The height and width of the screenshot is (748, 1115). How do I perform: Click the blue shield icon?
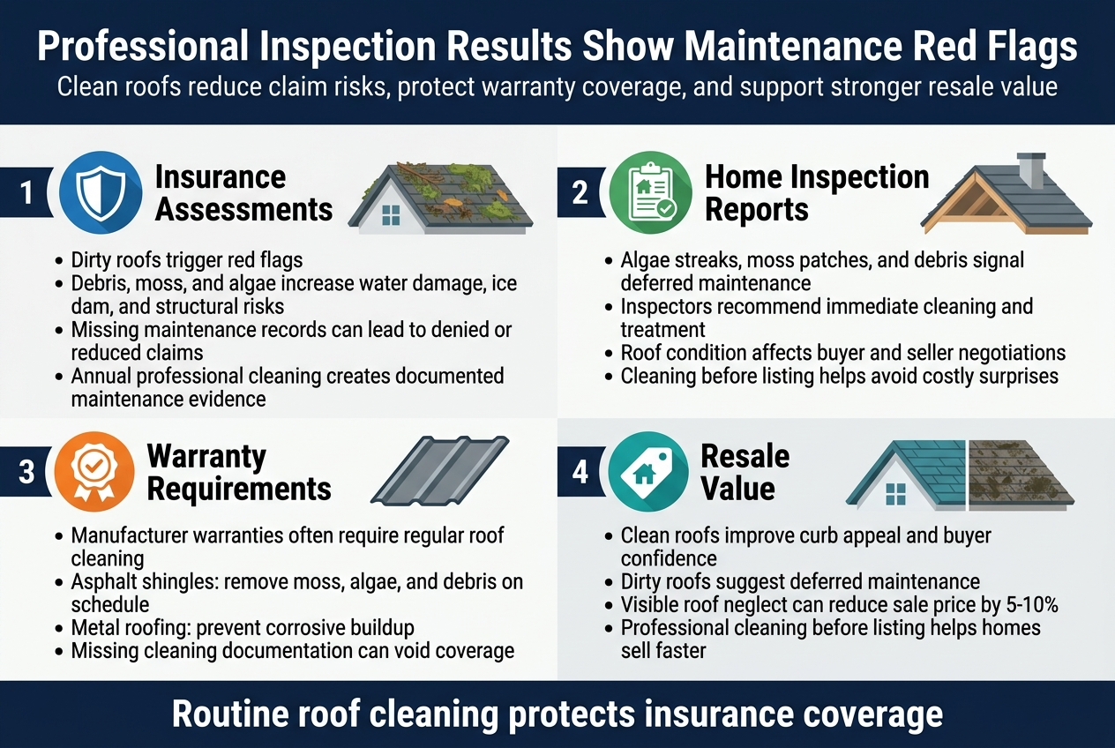[x=101, y=192]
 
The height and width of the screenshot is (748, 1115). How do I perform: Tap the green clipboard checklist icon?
[x=651, y=192]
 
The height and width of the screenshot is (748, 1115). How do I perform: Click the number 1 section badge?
[x=26, y=192]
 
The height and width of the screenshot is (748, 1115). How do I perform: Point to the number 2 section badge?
[x=580, y=192]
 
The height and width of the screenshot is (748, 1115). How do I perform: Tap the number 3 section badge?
[x=26, y=472]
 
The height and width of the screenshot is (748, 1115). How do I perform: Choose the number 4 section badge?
[x=580, y=472]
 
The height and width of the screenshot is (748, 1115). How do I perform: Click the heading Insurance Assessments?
[x=243, y=192]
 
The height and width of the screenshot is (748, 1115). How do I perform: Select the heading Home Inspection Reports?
[x=817, y=192]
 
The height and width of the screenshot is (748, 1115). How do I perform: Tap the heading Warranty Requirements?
[x=238, y=472]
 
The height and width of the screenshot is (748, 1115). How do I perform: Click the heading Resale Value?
[x=745, y=472]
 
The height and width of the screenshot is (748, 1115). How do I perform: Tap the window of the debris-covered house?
[x=391, y=214]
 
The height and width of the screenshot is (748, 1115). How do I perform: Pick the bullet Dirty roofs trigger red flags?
[x=186, y=260]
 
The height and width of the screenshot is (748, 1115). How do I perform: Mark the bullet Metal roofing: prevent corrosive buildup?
[x=243, y=628]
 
